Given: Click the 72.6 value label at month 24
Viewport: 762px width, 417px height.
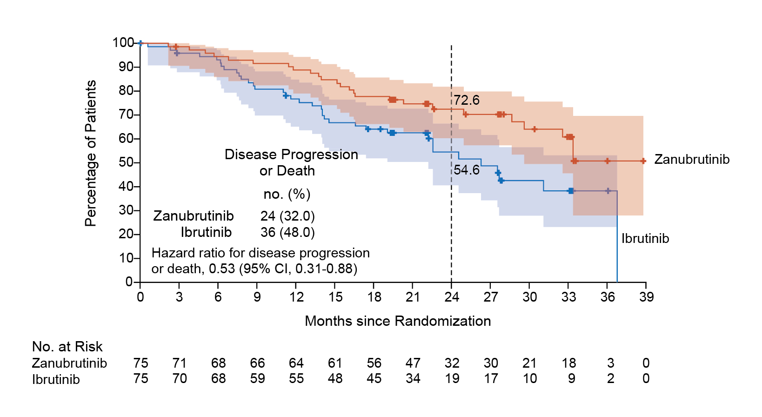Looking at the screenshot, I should pos(467,100).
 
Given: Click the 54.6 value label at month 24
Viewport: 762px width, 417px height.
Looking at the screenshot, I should pos(467,170).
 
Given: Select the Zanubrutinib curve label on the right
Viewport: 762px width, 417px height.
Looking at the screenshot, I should pos(692,160).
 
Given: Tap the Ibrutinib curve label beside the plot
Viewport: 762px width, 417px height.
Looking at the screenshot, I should pos(645,239).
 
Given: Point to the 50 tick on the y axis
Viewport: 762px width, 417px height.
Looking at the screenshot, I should pos(126,162).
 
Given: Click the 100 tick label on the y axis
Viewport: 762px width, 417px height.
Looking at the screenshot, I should pos(123,43).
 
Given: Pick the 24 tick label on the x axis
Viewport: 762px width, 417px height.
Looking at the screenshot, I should pos(452,297).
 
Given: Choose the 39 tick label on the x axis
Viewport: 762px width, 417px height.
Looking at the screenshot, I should pos(646,297).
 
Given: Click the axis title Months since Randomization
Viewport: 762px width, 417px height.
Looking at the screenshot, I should pos(398,321).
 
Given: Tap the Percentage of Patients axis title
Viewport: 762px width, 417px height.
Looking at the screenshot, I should pos(91,154).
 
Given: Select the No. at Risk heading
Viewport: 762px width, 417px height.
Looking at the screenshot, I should pos(67,347).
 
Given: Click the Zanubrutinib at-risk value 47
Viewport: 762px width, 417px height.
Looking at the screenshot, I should pos(413,363).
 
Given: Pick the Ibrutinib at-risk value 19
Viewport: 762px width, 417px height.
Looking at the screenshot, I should pos(452,379).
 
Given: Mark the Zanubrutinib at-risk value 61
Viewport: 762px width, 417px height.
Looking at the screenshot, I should pos(335,363).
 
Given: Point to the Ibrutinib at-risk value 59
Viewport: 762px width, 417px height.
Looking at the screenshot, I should pos(257,379).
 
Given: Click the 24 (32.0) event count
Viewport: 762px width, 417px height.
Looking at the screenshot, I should pos(287,216).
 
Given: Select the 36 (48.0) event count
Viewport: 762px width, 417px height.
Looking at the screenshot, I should pos(287,232).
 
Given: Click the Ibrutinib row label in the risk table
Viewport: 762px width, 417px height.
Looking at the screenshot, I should pos(56,379).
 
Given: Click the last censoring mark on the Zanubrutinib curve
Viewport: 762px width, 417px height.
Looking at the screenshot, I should pos(643,161).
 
